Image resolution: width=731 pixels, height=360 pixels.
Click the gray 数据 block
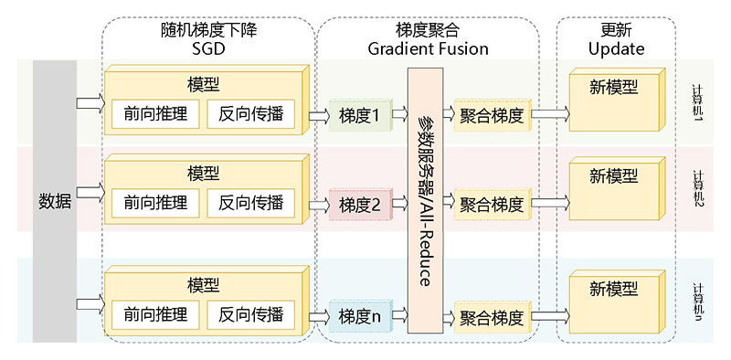(54, 201)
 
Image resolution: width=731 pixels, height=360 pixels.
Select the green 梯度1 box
(359, 115)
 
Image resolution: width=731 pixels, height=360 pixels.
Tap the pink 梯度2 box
(359, 205)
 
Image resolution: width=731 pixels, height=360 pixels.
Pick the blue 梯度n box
(359, 317)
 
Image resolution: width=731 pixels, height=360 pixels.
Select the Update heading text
(616, 48)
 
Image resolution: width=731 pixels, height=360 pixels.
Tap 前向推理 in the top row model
(155, 115)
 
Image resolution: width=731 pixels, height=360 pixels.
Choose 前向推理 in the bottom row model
(155, 315)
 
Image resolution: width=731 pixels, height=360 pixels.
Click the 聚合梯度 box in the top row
(492, 115)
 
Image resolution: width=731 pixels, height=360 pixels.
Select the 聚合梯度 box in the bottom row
(492, 318)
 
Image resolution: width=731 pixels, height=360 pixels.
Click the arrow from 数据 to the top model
(91, 102)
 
